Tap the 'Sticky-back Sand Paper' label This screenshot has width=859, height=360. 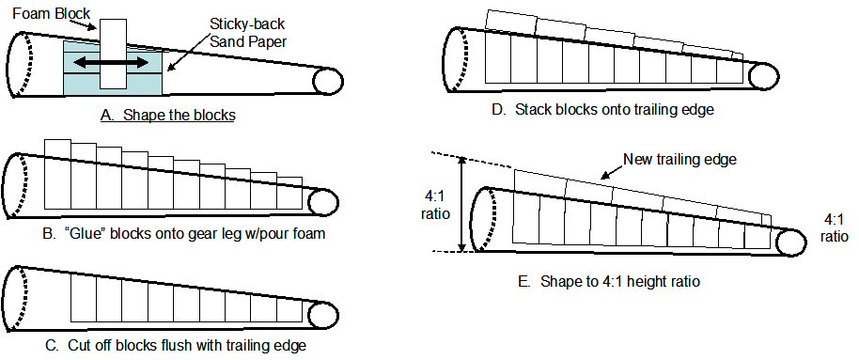tap(248, 33)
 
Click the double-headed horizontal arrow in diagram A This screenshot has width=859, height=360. tap(111, 63)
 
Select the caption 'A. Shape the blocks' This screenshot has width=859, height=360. tap(167, 116)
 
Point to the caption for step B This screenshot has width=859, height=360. tap(183, 233)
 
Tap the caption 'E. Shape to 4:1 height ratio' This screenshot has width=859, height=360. tap(609, 282)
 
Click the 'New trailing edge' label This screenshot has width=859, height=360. tap(679, 160)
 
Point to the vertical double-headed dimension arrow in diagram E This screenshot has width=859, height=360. tap(461, 204)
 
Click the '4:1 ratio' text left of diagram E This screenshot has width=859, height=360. tap(435, 204)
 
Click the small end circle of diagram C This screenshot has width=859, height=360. tap(322, 316)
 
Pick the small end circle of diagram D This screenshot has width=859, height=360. tap(763, 75)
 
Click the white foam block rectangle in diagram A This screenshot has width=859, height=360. tap(114, 54)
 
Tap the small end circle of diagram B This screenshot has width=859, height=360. tap(322, 202)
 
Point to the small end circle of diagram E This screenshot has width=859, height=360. tap(791, 242)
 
